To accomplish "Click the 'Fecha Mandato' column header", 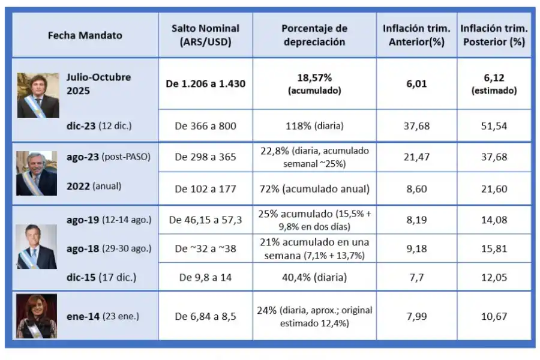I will tap(85, 35).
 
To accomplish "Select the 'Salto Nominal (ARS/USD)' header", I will tap(205, 35).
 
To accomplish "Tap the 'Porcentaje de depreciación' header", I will tap(314, 35).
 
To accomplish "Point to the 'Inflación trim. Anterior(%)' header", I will tap(416, 35).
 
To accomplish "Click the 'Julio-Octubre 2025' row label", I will tap(98, 83).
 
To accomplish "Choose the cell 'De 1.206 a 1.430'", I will tap(205, 84).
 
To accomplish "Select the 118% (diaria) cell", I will tap(314, 126).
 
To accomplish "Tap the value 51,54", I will tap(493, 126).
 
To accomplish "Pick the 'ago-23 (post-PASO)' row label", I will tap(109, 157).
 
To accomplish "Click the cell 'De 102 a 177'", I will tap(205, 189).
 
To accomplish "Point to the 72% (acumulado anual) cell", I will tap(314, 189).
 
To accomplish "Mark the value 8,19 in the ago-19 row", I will tap(416, 220).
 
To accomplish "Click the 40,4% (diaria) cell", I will tap(314, 277).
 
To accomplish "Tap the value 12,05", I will tap(493, 277).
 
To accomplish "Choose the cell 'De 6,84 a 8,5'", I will tap(205, 316).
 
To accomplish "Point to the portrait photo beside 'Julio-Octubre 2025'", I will tap(38, 95).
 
